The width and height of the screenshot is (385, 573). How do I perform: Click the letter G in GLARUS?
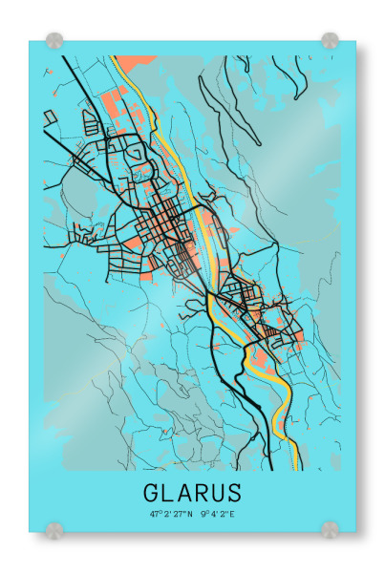153,493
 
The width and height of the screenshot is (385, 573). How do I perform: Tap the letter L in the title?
172,493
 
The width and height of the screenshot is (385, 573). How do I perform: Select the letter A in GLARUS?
189,493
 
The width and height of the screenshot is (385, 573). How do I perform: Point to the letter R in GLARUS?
206,493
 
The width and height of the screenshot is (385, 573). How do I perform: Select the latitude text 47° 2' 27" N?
170,514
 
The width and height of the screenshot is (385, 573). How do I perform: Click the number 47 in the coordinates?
153,514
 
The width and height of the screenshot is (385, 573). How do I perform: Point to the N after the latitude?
189,514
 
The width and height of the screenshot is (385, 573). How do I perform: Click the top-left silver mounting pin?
54,41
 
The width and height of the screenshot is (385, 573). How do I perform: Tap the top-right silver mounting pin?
330,41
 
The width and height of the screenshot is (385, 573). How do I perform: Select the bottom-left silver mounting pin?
54,528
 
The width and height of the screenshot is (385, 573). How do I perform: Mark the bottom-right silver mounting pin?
330,528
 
